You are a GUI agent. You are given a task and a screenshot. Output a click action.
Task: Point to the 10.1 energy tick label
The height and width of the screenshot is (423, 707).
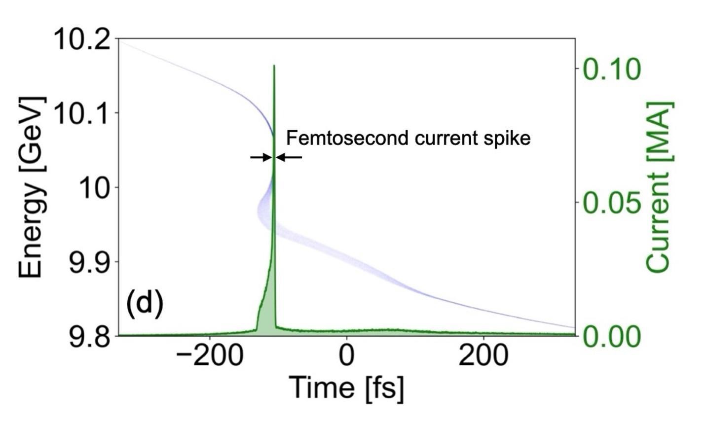(x=82, y=113)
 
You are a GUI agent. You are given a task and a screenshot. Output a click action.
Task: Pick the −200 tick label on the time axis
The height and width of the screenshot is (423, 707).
(x=209, y=355)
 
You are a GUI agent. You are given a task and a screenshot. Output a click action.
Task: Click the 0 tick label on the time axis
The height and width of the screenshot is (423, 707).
(x=347, y=355)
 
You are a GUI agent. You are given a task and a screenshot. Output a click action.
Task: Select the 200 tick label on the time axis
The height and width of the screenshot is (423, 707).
(x=483, y=355)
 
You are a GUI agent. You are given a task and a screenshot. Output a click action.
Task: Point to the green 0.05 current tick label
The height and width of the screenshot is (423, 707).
(x=612, y=203)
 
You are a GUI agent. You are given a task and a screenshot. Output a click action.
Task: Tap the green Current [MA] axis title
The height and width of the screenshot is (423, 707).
(x=659, y=187)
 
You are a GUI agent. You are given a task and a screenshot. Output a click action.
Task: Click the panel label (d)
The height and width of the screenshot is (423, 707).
(x=145, y=303)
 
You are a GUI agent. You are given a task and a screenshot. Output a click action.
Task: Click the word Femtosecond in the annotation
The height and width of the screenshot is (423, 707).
(x=348, y=138)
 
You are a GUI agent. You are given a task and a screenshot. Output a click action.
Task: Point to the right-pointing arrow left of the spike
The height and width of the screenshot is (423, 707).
(x=261, y=157)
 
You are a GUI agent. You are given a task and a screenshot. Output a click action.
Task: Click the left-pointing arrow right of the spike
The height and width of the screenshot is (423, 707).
(x=289, y=157)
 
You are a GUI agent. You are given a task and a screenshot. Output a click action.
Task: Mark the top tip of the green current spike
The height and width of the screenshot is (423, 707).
(x=274, y=66)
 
